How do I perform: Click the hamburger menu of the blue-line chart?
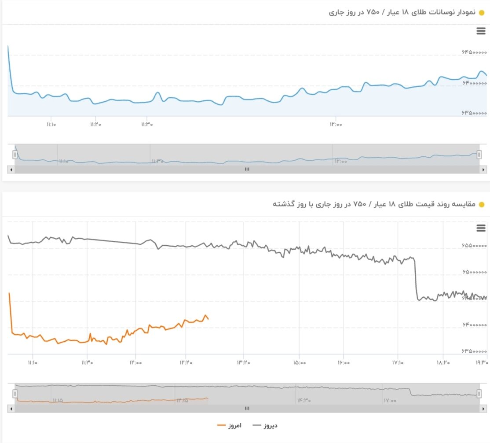pyautogui.click(x=481, y=31)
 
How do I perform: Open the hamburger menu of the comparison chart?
pyautogui.click(x=481, y=228)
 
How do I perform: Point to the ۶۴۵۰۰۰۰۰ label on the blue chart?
pyautogui.click(x=475, y=52)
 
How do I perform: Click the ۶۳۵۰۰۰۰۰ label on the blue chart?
pyautogui.click(x=475, y=113)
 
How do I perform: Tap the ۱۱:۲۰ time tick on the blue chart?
pyautogui.click(x=95, y=125)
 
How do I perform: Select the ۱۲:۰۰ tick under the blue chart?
pyautogui.click(x=335, y=125)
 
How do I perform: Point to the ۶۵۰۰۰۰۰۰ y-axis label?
pyautogui.click(x=475, y=272)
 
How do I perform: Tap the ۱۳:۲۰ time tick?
pyautogui.click(x=243, y=363)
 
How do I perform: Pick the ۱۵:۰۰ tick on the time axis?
pyautogui.click(x=299, y=363)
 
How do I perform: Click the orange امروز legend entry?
pyautogui.click(x=230, y=425)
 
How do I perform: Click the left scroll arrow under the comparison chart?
pyautogui.click(x=11, y=409)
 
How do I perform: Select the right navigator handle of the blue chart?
pyautogui.click(x=479, y=154)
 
